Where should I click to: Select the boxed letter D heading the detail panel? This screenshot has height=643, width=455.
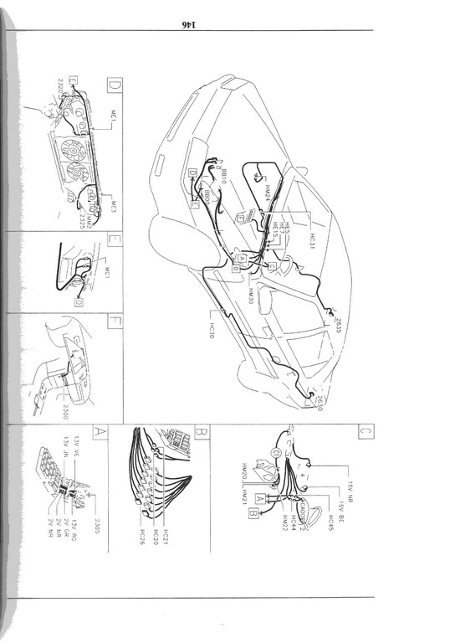[115, 85]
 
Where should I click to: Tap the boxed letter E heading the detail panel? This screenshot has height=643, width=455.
[115, 246]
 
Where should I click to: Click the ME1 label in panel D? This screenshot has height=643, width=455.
[113, 126]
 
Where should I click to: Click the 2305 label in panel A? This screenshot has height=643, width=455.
[98, 527]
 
